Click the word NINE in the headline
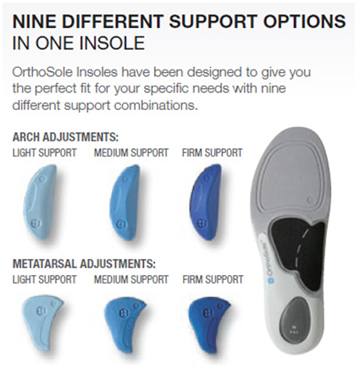(34, 21)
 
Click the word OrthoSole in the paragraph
(42, 72)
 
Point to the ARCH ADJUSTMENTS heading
(65, 137)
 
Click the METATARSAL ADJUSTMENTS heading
(84, 264)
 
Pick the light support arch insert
(42, 202)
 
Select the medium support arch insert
(125, 202)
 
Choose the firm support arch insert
(206, 202)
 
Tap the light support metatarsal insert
(42, 321)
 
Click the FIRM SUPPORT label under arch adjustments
(213, 153)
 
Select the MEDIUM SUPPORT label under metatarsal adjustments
(131, 279)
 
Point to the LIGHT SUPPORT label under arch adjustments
(44, 153)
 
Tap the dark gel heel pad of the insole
(295, 317)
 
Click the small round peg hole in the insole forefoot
(311, 201)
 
